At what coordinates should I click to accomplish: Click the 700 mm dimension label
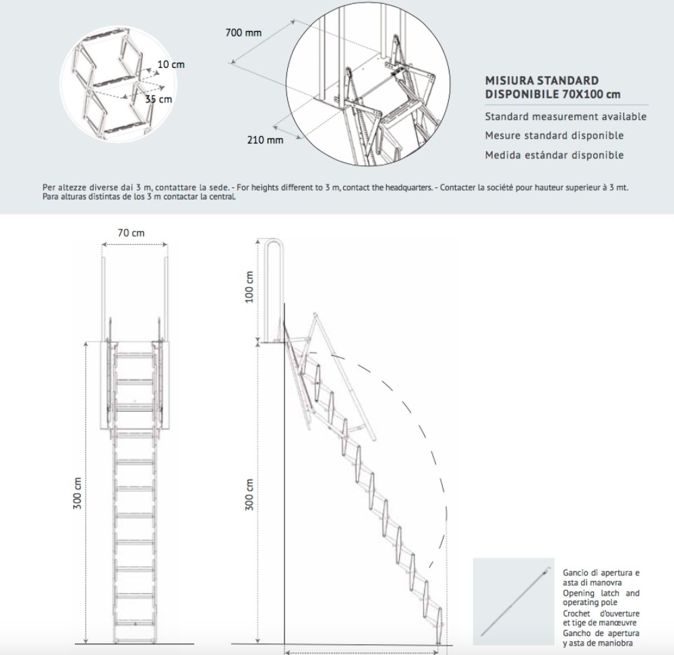[243, 32]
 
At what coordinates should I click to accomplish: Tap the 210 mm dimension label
[265, 139]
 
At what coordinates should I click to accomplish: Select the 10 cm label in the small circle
[171, 65]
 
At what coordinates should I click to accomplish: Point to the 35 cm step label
[158, 99]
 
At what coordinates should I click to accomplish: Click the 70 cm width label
[131, 233]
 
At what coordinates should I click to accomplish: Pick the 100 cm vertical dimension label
[249, 287]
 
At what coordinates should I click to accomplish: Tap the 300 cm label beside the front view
[78, 493]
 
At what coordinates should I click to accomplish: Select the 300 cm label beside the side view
[249, 495]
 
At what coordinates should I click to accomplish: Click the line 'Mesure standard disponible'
[554, 135]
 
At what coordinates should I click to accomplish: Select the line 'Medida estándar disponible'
[554, 155]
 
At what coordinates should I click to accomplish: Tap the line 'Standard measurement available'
[565, 117]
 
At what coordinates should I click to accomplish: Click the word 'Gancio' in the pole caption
[574, 573]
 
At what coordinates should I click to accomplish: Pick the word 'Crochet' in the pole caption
[576, 613]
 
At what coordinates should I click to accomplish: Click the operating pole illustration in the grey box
[514, 602]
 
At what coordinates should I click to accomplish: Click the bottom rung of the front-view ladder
[135, 623]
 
